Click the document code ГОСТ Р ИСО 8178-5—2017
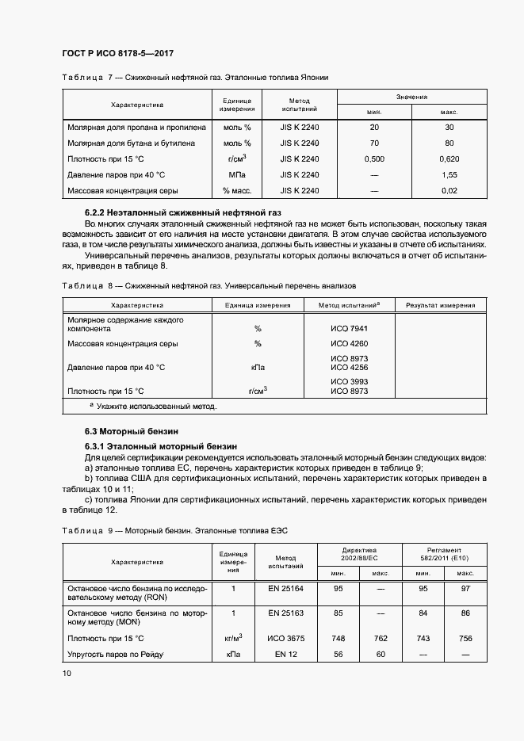pyautogui.click(x=117, y=54)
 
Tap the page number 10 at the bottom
pyautogui.click(x=67, y=673)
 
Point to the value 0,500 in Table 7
pyautogui.click(x=374, y=159)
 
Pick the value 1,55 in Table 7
pyautogui.click(x=449, y=174)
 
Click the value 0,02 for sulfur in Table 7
pyautogui.click(x=449, y=190)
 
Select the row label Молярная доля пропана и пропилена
pyautogui.click(x=136, y=127)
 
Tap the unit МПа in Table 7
pyautogui.click(x=237, y=174)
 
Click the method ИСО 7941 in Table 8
pyautogui.click(x=349, y=328)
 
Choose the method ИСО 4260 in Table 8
pyautogui.click(x=349, y=343)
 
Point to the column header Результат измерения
pyautogui.click(x=441, y=305)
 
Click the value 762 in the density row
pyautogui.click(x=381, y=637)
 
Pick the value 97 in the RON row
pyautogui.click(x=465, y=588)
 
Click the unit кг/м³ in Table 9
pyautogui.click(x=234, y=637)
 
